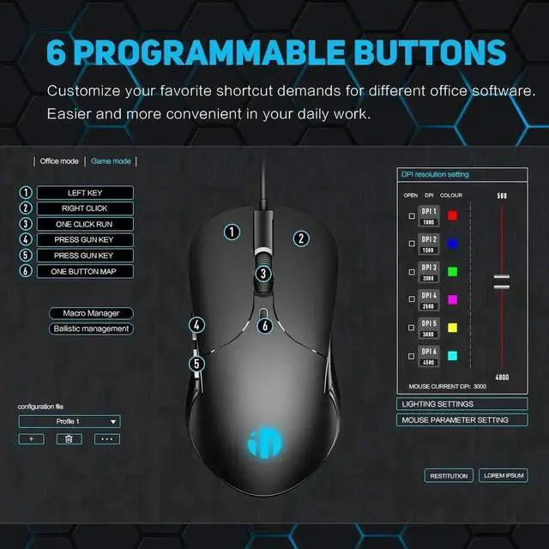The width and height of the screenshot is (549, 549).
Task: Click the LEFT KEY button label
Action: click(x=84, y=193)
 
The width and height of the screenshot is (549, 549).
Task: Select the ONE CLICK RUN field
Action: click(x=84, y=224)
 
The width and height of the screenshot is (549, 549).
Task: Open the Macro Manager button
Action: click(x=90, y=313)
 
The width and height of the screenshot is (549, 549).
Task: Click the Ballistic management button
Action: click(x=90, y=329)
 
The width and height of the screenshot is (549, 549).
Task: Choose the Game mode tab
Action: click(x=111, y=161)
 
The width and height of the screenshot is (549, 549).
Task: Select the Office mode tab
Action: click(x=59, y=161)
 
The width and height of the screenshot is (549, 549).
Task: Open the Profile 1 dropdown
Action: click(x=69, y=421)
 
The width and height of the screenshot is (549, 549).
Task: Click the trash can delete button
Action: click(x=69, y=438)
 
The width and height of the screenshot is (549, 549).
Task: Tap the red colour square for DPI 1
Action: click(x=453, y=215)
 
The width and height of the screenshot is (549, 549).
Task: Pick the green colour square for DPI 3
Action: click(x=453, y=271)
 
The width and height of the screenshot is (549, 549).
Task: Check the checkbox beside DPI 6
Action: click(x=412, y=355)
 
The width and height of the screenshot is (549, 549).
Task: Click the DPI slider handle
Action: click(x=501, y=281)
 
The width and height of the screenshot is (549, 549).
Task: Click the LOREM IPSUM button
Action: click(x=504, y=475)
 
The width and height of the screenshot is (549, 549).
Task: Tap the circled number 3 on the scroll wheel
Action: click(x=264, y=274)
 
